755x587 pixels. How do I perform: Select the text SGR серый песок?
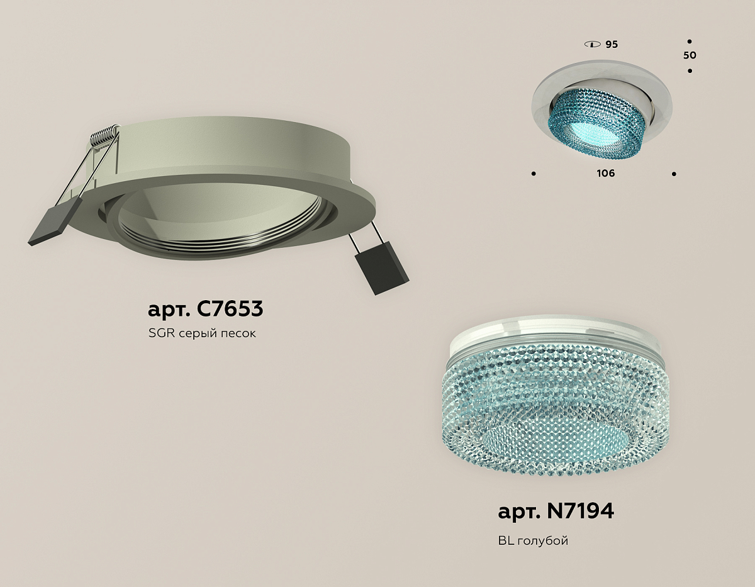tap(202, 333)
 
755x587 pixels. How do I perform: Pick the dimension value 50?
tap(690, 55)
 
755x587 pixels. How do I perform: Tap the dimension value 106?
tap(606, 173)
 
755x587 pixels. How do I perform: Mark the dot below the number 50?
tap(690, 71)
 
